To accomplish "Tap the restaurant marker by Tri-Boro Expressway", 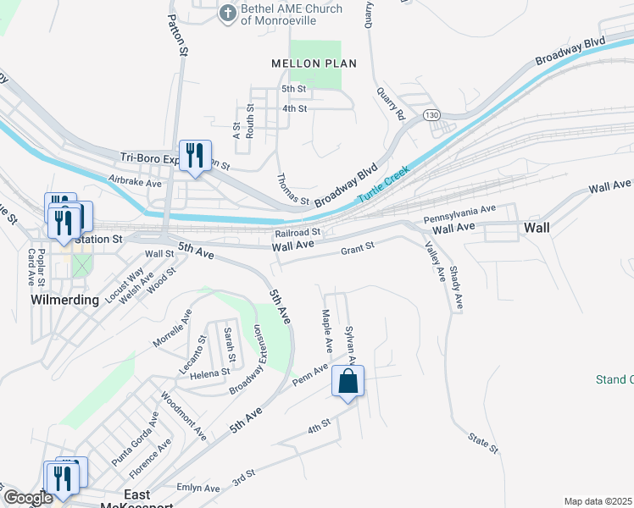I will tap(195, 155).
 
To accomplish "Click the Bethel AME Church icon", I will tap(227, 13).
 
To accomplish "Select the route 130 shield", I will tap(433, 125).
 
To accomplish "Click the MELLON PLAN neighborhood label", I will tap(314, 63).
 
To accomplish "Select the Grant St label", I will tap(358, 248).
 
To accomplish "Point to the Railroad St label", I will tap(297, 232).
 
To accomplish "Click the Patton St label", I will tap(177, 34).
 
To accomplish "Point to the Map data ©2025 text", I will tap(598, 501).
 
